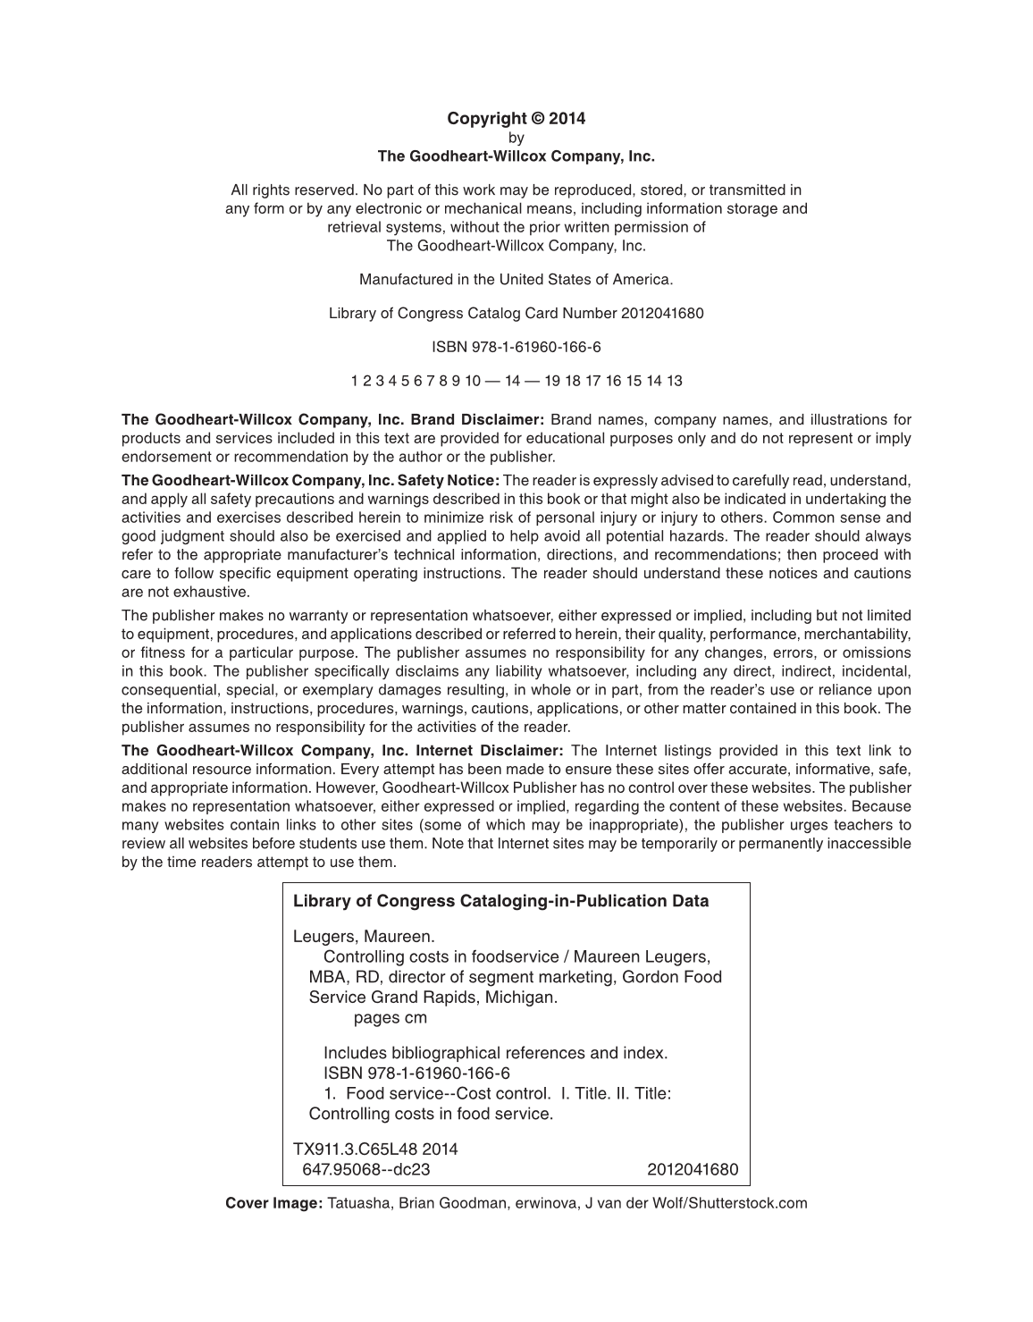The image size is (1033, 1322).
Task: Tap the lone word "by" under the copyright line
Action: coord(516,138)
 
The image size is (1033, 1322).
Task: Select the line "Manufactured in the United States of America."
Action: coord(516,279)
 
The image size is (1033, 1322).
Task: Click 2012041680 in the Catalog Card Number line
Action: coord(661,313)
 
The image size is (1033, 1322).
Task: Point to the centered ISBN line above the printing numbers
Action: coord(516,347)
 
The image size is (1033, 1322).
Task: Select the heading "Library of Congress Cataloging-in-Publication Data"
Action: coord(500,901)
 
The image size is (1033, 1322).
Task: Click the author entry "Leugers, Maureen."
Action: coord(364,937)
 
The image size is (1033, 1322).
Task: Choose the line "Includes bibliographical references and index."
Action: coord(495,1053)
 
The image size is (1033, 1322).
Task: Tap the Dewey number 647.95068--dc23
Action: coord(366,1169)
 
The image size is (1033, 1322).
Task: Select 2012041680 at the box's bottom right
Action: coord(693,1169)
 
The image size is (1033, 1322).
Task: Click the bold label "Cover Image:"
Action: coord(273,1203)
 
